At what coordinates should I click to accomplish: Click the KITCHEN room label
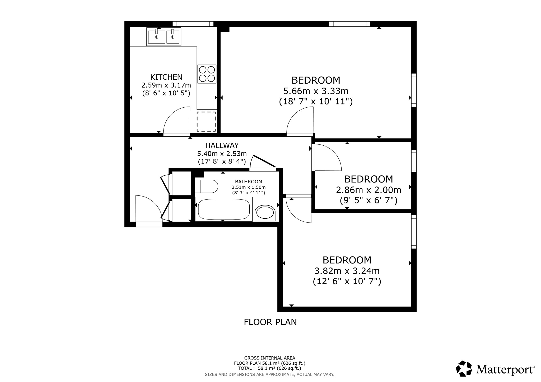click(x=166, y=77)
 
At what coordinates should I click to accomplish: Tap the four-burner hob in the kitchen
click(x=207, y=74)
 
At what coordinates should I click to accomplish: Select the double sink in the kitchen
click(x=164, y=37)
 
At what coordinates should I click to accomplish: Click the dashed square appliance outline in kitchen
click(x=206, y=122)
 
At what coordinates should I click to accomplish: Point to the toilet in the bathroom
click(x=206, y=187)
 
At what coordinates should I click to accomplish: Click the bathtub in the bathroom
click(x=223, y=209)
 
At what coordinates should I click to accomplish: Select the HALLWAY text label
click(x=222, y=145)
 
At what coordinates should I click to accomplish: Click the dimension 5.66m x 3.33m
click(x=316, y=91)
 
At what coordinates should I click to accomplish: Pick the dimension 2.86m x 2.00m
click(x=369, y=190)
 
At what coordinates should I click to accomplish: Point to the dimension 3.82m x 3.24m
click(x=347, y=271)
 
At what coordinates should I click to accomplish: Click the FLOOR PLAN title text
click(x=270, y=322)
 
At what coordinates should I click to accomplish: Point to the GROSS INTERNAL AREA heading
click(x=269, y=358)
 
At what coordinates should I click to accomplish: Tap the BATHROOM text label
click(x=249, y=182)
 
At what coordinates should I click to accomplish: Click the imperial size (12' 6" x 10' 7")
click(x=347, y=281)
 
